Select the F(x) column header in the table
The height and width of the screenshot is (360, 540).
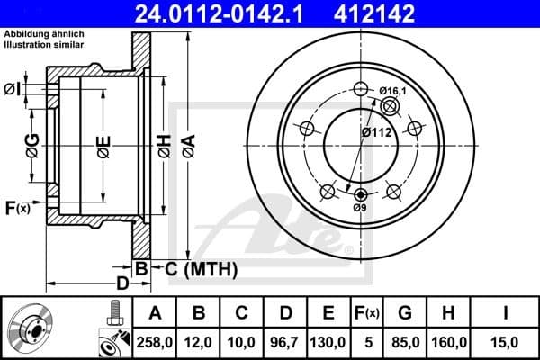[367, 313]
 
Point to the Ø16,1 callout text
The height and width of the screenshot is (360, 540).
[393, 90]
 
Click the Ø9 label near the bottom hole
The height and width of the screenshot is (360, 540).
[360, 208]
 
